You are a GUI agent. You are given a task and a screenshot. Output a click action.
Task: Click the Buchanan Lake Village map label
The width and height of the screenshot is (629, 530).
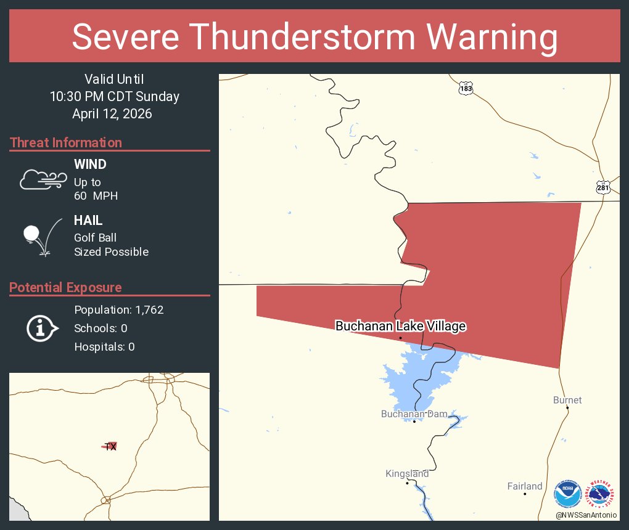[x=400, y=326]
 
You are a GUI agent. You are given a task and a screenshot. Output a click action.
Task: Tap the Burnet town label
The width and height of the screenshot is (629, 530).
[x=567, y=400]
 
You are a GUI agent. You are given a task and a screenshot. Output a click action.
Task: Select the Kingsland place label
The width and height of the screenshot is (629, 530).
[x=407, y=474]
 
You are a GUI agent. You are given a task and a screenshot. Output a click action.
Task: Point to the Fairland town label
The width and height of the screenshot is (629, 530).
[x=525, y=486]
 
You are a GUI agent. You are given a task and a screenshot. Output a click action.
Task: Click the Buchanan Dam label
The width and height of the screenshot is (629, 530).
[x=413, y=414]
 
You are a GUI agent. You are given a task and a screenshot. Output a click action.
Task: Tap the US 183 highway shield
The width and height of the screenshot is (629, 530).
[x=466, y=89]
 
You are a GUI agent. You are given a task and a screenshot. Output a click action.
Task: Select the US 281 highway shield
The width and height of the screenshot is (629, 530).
[x=603, y=187]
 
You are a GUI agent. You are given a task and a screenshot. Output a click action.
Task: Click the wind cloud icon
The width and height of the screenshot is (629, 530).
[x=43, y=179]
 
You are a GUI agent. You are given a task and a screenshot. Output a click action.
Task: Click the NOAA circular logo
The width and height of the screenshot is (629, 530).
[x=567, y=494]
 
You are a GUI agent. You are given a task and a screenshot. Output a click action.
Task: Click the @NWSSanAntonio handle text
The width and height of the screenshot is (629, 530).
[x=586, y=515]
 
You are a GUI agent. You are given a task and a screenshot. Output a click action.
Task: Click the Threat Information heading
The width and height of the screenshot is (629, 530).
[x=66, y=143]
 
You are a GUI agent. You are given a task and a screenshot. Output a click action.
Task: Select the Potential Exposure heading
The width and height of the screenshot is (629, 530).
[x=65, y=288]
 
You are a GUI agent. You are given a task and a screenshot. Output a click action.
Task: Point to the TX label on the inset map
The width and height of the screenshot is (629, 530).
[x=110, y=447]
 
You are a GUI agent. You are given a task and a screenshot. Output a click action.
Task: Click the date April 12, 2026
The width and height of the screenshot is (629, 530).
[x=112, y=114]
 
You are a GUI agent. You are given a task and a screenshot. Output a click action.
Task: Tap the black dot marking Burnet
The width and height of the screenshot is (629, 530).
[x=567, y=408]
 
